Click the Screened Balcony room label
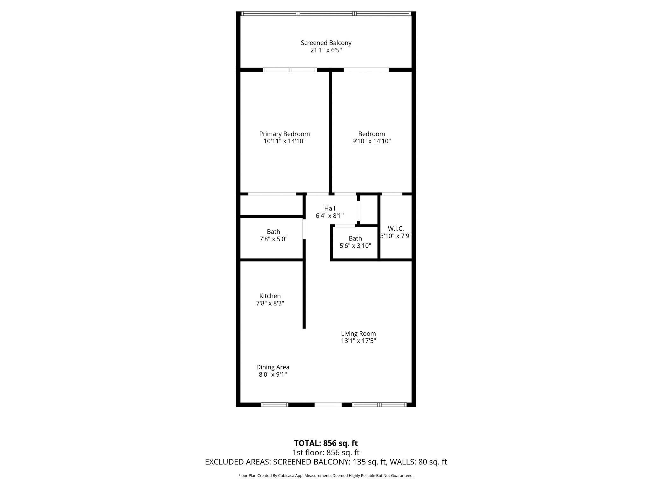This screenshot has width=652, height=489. tap(326, 43)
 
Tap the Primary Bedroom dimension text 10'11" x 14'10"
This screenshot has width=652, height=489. tap(284, 141)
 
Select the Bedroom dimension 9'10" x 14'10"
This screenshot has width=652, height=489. tap(371, 141)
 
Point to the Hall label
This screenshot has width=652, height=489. tap(330, 209)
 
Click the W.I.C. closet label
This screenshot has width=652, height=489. tap(396, 229)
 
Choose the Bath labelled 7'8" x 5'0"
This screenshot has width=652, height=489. tap(273, 235)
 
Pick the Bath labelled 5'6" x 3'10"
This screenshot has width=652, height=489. tap(355, 242)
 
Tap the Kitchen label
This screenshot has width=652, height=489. tap(270, 296)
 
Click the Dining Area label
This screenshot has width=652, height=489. tap(273, 367)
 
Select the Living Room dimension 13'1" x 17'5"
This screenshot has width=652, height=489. tap(358, 341)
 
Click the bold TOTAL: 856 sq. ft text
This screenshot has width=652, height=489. tap(326, 443)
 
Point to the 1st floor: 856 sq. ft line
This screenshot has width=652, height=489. tap(326, 452)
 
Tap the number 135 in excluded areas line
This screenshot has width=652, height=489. tap(358, 462)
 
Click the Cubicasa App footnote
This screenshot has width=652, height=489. tap(326, 476)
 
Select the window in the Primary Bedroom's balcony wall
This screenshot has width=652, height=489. tap(290, 70)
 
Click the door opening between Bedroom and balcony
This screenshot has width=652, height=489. tap(366, 70)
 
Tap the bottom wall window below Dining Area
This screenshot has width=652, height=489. tap(274, 405)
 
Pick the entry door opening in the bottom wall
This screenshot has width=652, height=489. tap(328, 405)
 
